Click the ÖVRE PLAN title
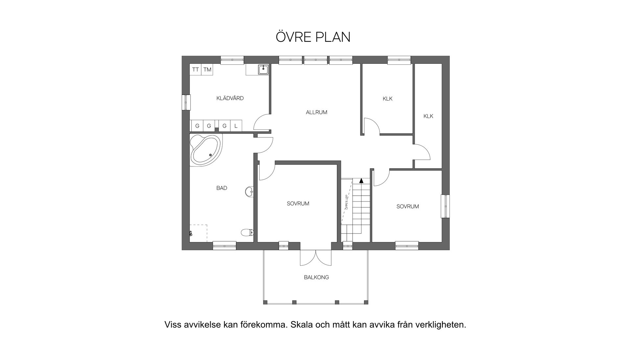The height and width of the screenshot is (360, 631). [313, 37]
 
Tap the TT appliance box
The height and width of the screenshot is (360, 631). [196, 70]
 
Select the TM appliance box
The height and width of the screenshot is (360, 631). [207, 70]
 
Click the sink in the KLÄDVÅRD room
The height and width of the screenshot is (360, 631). [263, 69]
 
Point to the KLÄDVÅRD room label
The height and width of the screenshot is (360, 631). [230, 98]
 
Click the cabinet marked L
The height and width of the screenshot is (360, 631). [236, 126]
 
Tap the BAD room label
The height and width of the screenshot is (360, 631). [222, 188]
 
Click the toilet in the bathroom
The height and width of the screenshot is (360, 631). [247, 232]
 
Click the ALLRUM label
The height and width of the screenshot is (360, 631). [316, 112]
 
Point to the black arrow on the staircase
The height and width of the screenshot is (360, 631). [362, 180]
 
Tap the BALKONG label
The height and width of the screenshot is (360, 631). [316, 277]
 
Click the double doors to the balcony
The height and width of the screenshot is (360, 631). [316, 258]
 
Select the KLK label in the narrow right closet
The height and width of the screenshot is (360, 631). [428, 116]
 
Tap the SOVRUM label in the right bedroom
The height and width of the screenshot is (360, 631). [408, 206]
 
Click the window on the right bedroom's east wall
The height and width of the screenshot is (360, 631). [445, 206]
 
